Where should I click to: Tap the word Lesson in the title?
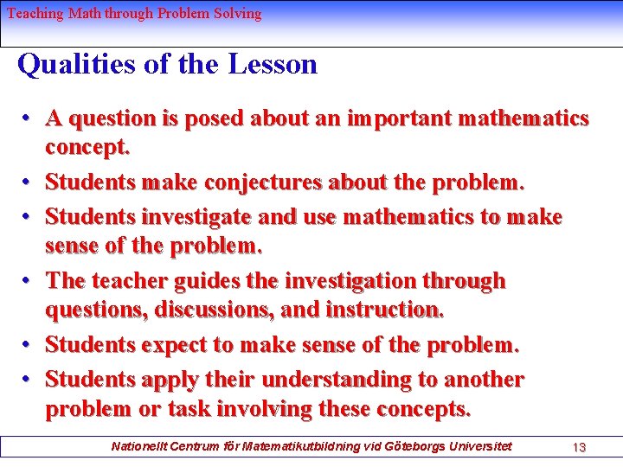[x=273, y=65]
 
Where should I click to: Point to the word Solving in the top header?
[x=237, y=14]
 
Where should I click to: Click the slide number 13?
[x=579, y=447]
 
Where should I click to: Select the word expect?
[x=174, y=345]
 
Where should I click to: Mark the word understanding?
[x=341, y=380]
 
